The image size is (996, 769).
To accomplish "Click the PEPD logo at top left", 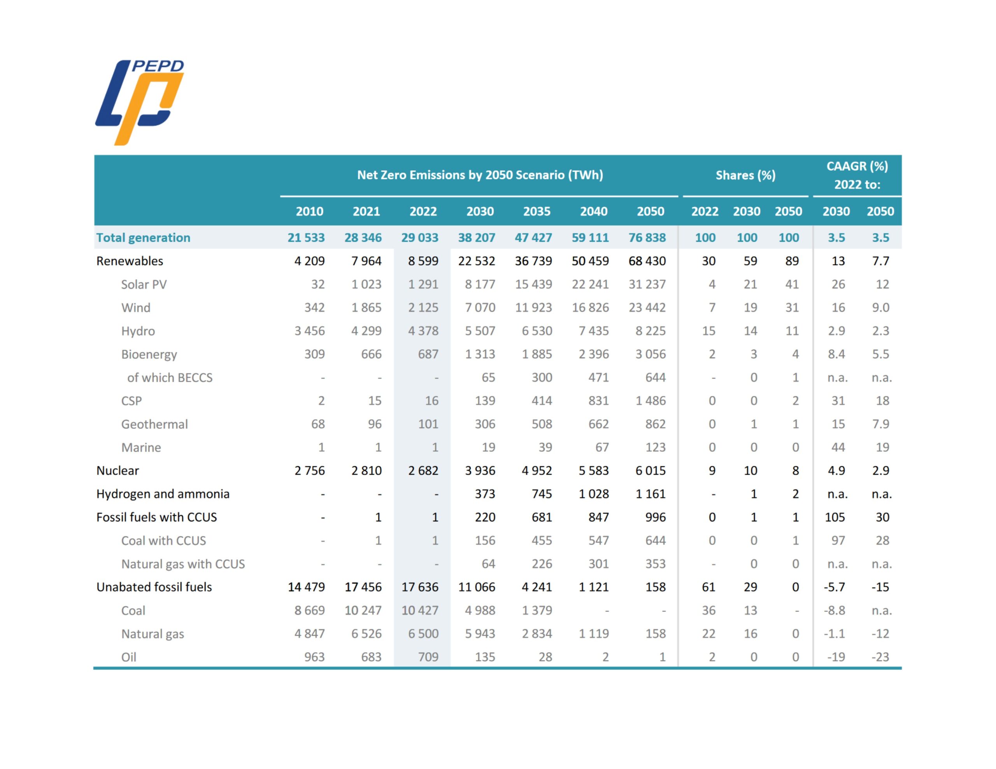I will (x=139, y=102).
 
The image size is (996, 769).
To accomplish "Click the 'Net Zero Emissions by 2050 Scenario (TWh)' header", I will (x=480, y=175).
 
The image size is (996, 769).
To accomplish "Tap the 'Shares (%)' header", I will (x=745, y=175).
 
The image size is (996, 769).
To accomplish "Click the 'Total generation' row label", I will (x=143, y=238).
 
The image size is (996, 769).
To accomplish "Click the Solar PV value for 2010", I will (x=317, y=285).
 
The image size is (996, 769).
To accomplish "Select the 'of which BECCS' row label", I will (x=170, y=378).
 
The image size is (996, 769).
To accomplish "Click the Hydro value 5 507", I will (x=480, y=331).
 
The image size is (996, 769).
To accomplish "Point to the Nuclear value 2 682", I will (x=423, y=470).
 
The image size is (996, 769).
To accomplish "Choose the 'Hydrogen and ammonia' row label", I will (x=163, y=494).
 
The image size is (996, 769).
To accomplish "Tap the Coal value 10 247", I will (x=363, y=610).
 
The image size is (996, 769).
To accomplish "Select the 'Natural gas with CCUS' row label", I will (x=183, y=564).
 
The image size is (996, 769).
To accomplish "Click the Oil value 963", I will (x=314, y=657).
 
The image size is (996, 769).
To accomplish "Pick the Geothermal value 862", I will (x=655, y=424).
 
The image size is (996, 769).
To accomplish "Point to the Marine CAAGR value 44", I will (x=838, y=447).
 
